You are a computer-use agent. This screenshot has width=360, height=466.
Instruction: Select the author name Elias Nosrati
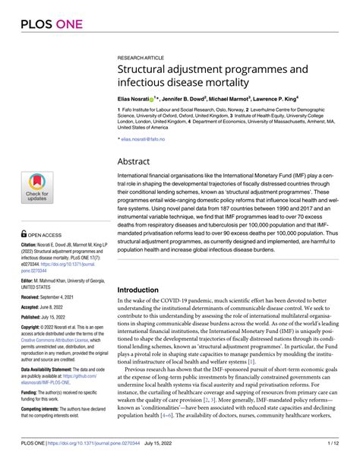coord(134,99)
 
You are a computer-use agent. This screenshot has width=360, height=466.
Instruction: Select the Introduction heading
coord(144,290)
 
